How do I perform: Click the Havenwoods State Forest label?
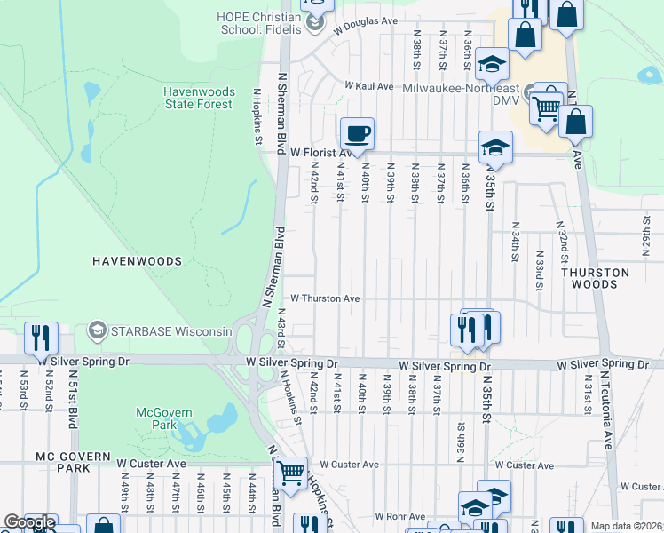198,98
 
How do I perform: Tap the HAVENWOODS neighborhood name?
136,261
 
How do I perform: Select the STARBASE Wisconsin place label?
170,331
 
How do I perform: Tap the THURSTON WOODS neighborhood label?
600,278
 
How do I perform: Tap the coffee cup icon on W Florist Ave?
357,134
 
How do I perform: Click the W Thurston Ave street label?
324,298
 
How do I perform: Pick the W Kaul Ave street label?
369,86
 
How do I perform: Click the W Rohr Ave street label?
399,516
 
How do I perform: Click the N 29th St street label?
647,233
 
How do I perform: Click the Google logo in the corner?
28,523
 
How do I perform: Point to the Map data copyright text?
626,526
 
